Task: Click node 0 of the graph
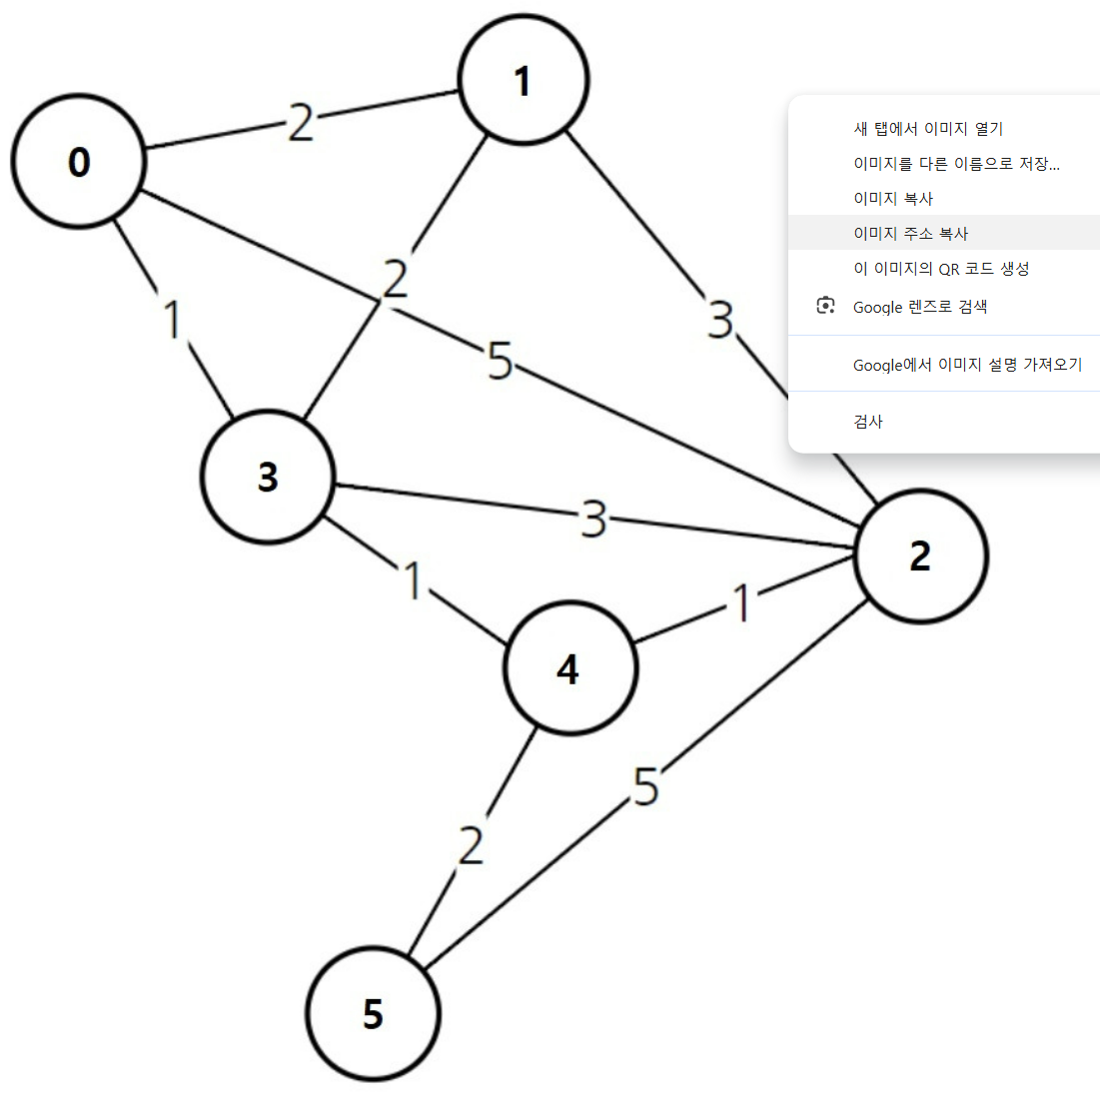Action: [79, 162]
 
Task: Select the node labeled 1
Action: [523, 81]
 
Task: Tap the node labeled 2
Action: [920, 556]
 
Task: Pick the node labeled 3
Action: [268, 477]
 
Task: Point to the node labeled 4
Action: [568, 668]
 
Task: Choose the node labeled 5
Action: [373, 1014]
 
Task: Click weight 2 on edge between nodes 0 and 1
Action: [300, 123]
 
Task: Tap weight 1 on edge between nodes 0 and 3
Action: [173, 319]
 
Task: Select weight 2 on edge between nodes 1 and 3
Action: [396, 279]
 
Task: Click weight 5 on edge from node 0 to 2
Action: [500, 361]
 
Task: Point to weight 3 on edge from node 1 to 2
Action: [720, 320]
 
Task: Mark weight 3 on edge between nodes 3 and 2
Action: [593, 520]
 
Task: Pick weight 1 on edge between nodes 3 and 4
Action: [412, 580]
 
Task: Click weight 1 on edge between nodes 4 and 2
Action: [740, 603]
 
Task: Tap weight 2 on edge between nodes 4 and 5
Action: [471, 845]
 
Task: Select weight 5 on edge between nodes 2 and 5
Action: [646, 787]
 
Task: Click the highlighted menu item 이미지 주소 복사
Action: [910, 234]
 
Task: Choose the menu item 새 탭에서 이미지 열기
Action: [927, 129]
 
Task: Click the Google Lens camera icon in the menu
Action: [825, 306]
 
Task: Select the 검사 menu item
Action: [868, 422]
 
